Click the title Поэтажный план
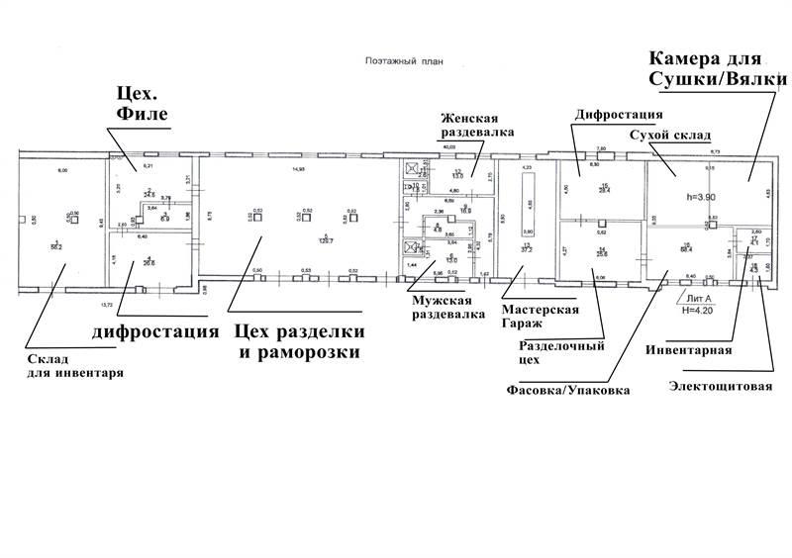click(x=404, y=60)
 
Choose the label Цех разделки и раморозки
click(x=298, y=340)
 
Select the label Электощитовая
click(x=722, y=385)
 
